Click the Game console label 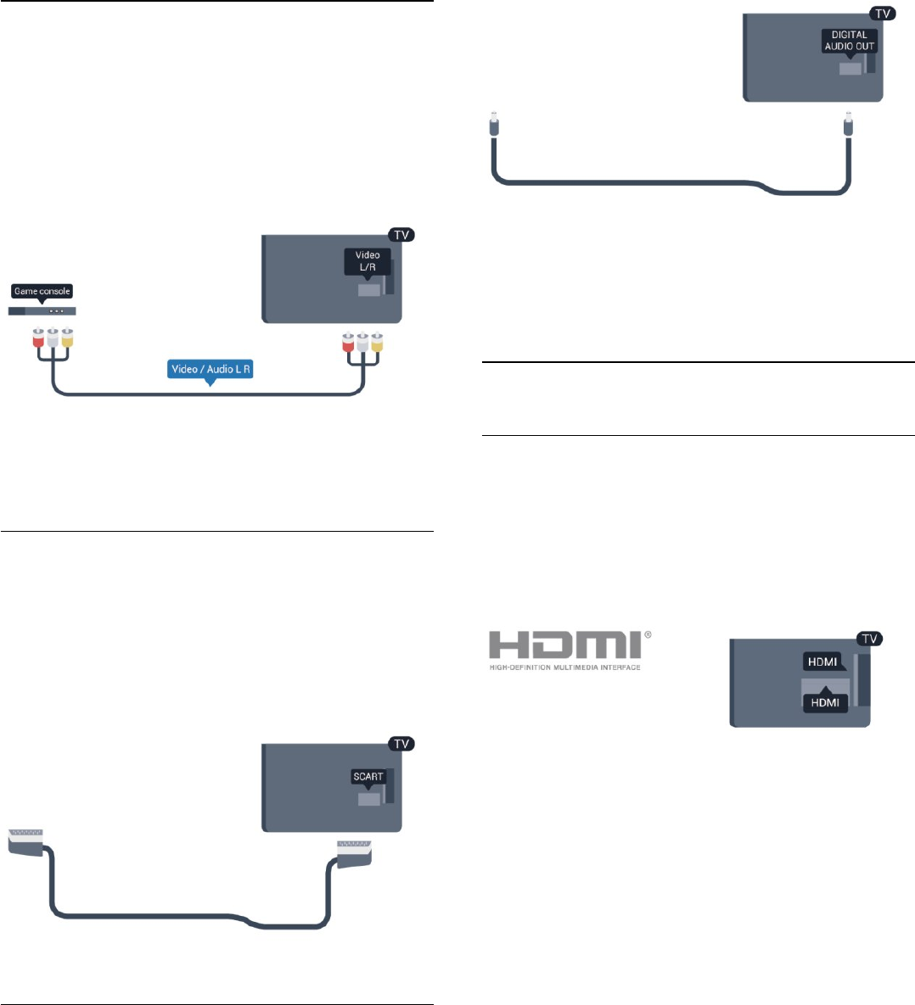pos(42,291)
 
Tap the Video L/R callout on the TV pos(368,260)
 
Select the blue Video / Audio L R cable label pos(211,369)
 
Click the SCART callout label pos(368,776)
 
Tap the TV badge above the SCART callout pos(400,744)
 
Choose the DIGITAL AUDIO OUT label pos(849,41)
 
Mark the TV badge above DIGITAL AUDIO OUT pos(880,13)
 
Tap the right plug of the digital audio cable pos(846,126)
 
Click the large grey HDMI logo pos(564,646)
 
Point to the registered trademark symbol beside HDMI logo pos(648,634)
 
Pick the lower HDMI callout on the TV pos(824,701)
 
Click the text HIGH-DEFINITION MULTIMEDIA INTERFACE pos(564,667)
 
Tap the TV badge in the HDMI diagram pos(868,639)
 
